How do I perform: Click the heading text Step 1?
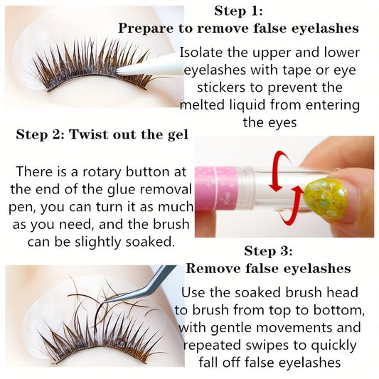point(238,11)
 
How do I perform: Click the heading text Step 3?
point(268,251)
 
